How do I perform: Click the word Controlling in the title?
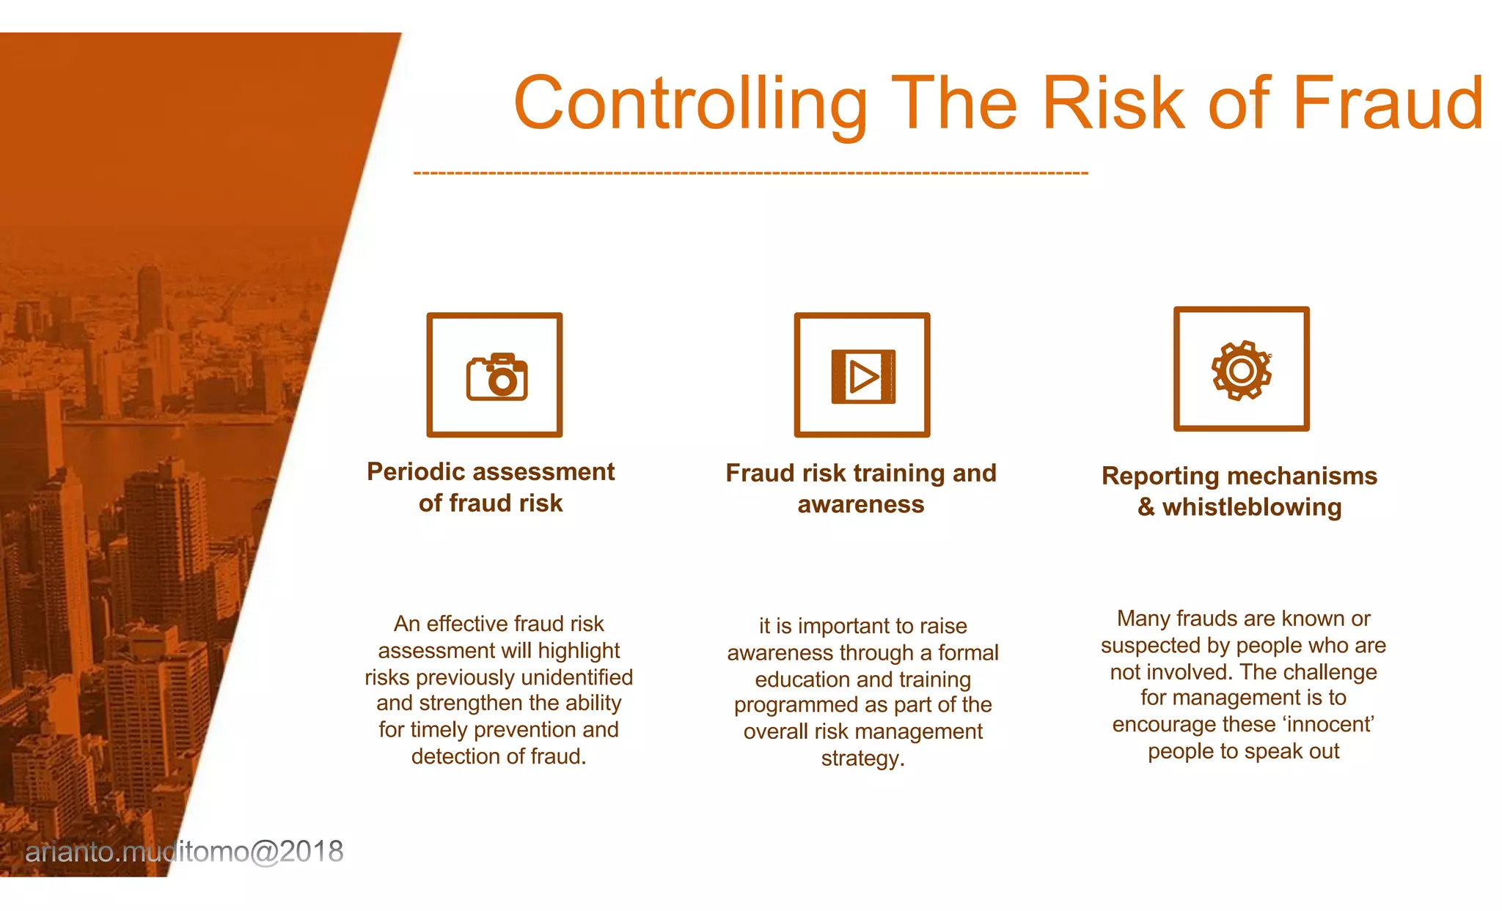pyautogui.click(x=689, y=104)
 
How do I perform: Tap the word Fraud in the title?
pyautogui.click(x=1388, y=104)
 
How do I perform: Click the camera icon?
pyautogui.click(x=497, y=377)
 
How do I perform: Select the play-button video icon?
pyautogui.click(x=862, y=377)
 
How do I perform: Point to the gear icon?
pyautogui.click(x=1241, y=370)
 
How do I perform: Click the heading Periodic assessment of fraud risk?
pyautogui.click(x=491, y=487)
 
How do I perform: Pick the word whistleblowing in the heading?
pyautogui.click(x=1252, y=507)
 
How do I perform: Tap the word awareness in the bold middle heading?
pyautogui.click(x=861, y=504)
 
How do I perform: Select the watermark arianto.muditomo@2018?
pyautogui.click(x=184, y=852)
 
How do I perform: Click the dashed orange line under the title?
pyautogui.click(x=750, y=174)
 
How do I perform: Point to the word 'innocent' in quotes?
pyautogui.click(x=1328, y=724)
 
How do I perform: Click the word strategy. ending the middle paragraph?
pyautogui.click(x=862, y=758)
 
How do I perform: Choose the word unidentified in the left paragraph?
pyautogui.click(x=577, y=677)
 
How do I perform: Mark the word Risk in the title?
pyautogui.click(x=1113, y=104)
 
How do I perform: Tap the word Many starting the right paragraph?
pyautogui.click(x=1143, y=619)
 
